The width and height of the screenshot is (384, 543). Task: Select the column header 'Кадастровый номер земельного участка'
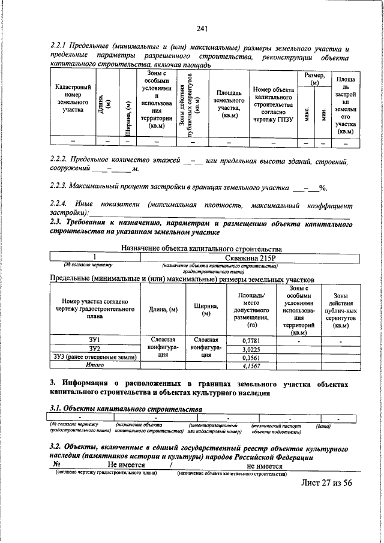73,102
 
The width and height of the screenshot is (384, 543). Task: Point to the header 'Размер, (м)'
315,78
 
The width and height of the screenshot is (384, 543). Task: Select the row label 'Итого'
94,365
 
